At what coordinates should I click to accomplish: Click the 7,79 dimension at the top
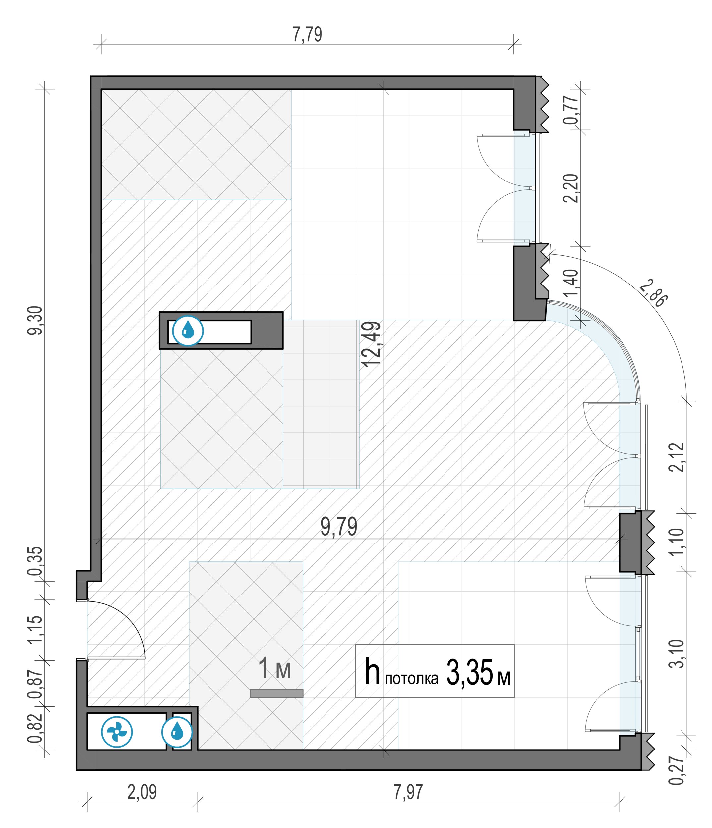[x=307, y=34]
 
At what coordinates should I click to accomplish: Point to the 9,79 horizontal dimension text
[x=338, y=527]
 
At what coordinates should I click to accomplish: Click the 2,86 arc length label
[x=653, y=294]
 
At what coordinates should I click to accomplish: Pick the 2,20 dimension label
[x=570, y=188]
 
